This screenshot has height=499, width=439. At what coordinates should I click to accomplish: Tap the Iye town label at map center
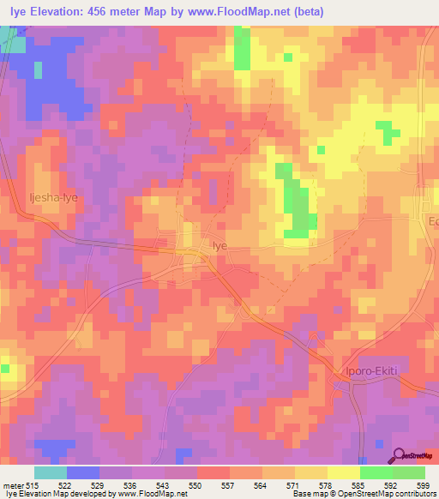pos(220,244)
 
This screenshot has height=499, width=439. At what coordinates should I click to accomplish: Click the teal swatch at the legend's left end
pos(51,472)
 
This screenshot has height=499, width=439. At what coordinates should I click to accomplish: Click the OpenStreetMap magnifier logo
pos(398,455)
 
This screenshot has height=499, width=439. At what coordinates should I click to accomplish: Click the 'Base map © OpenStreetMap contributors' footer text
pos(361,494)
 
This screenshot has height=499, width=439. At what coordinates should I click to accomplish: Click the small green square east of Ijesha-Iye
pos(321,149)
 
